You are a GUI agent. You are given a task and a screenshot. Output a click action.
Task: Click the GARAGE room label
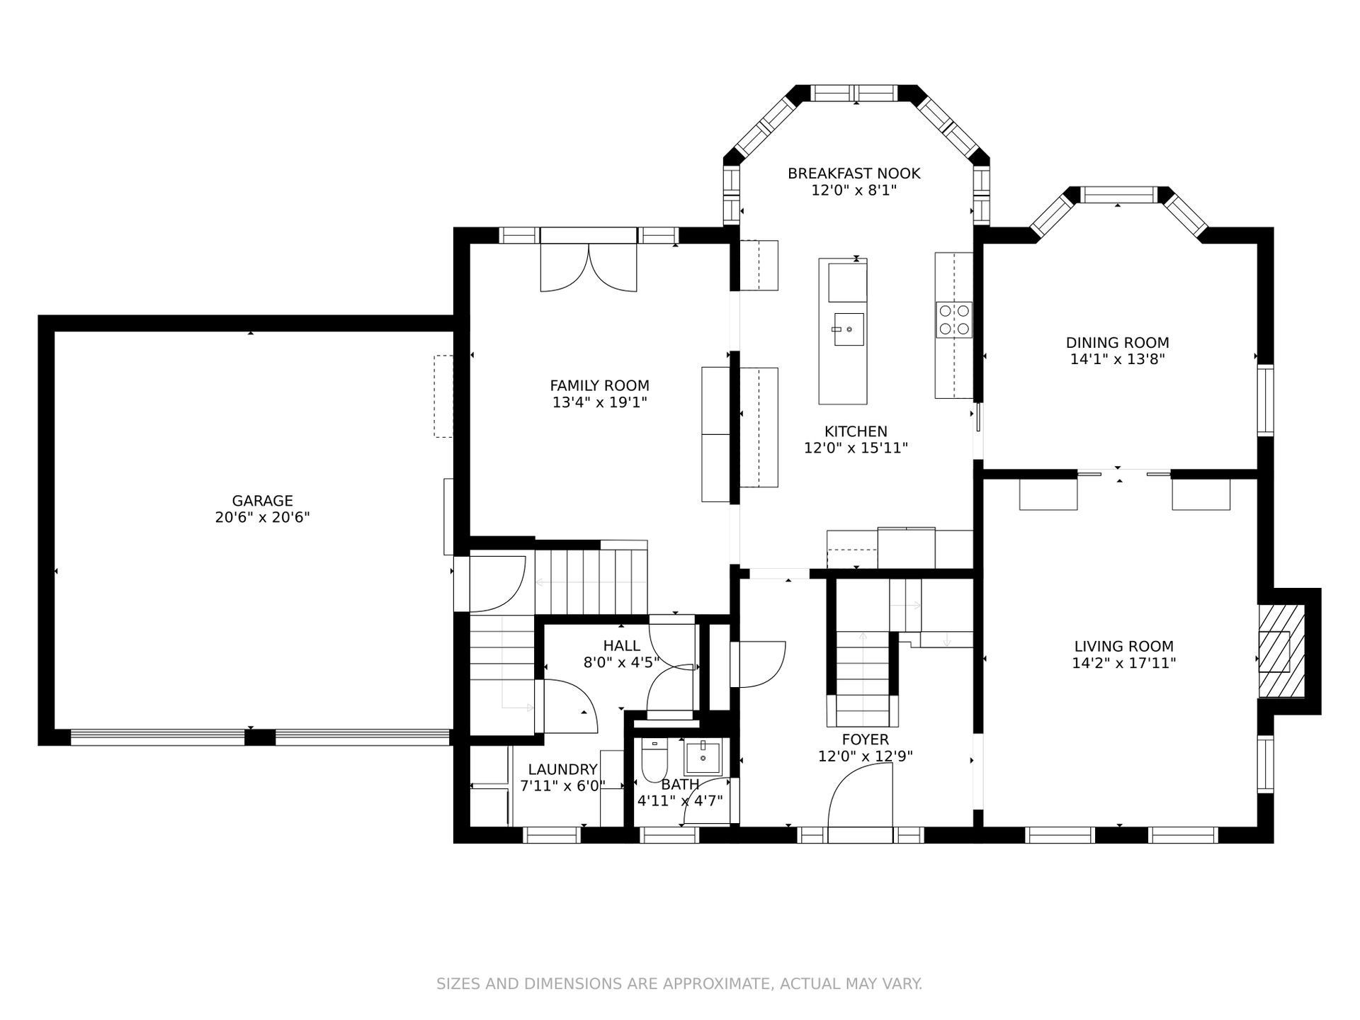[x=262, y=501]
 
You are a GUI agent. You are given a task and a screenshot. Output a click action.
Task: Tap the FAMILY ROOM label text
[x=599, y=386]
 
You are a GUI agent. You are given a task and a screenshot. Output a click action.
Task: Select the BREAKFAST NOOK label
[x=854, y=174]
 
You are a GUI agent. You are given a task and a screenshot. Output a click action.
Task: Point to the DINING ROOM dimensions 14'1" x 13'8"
[x=1118, y=360]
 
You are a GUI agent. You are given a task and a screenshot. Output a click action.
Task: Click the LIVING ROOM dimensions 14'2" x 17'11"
[x=1124, y=664]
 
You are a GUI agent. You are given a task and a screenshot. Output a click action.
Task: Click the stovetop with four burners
[x=954, y=319]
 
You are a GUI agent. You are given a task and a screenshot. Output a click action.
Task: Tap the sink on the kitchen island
[x=849, y=329]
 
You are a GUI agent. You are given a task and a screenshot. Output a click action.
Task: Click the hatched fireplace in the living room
[x=1281, y=650]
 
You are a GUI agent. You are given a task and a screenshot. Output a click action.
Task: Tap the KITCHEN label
[x=856, y=431]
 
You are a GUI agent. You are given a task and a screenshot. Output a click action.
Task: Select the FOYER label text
[x=865, y=740]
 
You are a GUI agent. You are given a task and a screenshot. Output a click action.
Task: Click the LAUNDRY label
[x=563, y=770]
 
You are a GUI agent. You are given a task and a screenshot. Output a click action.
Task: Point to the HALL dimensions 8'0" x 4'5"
[x=621, y=663]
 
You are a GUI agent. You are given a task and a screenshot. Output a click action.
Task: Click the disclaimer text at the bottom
[x=679, y=984]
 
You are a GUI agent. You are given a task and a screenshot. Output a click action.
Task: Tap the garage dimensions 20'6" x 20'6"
[x=262, y=518]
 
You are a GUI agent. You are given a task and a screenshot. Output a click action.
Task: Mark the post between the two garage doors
[x=259, y=737]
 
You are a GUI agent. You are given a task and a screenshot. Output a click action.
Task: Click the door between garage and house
[x=499, y=584]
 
